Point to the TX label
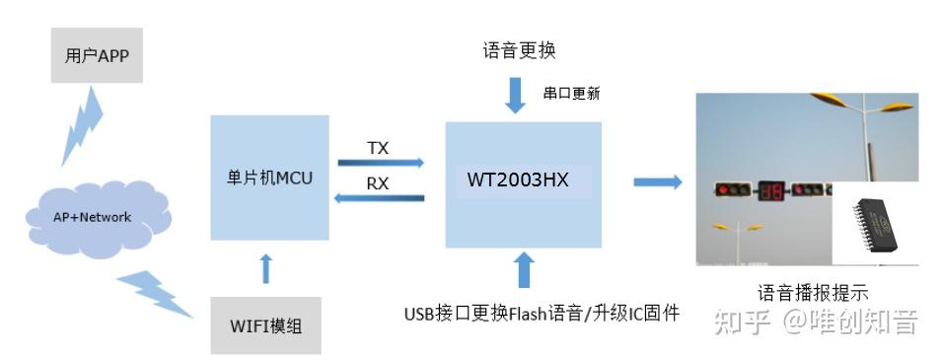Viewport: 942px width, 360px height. [x=378, y=148]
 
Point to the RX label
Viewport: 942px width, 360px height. [x=378, y=183]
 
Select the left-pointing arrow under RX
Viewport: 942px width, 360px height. [x=380, y=199]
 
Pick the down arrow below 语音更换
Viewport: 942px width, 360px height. [x=517, y=94]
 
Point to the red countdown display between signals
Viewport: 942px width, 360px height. [x=769, y=190]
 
